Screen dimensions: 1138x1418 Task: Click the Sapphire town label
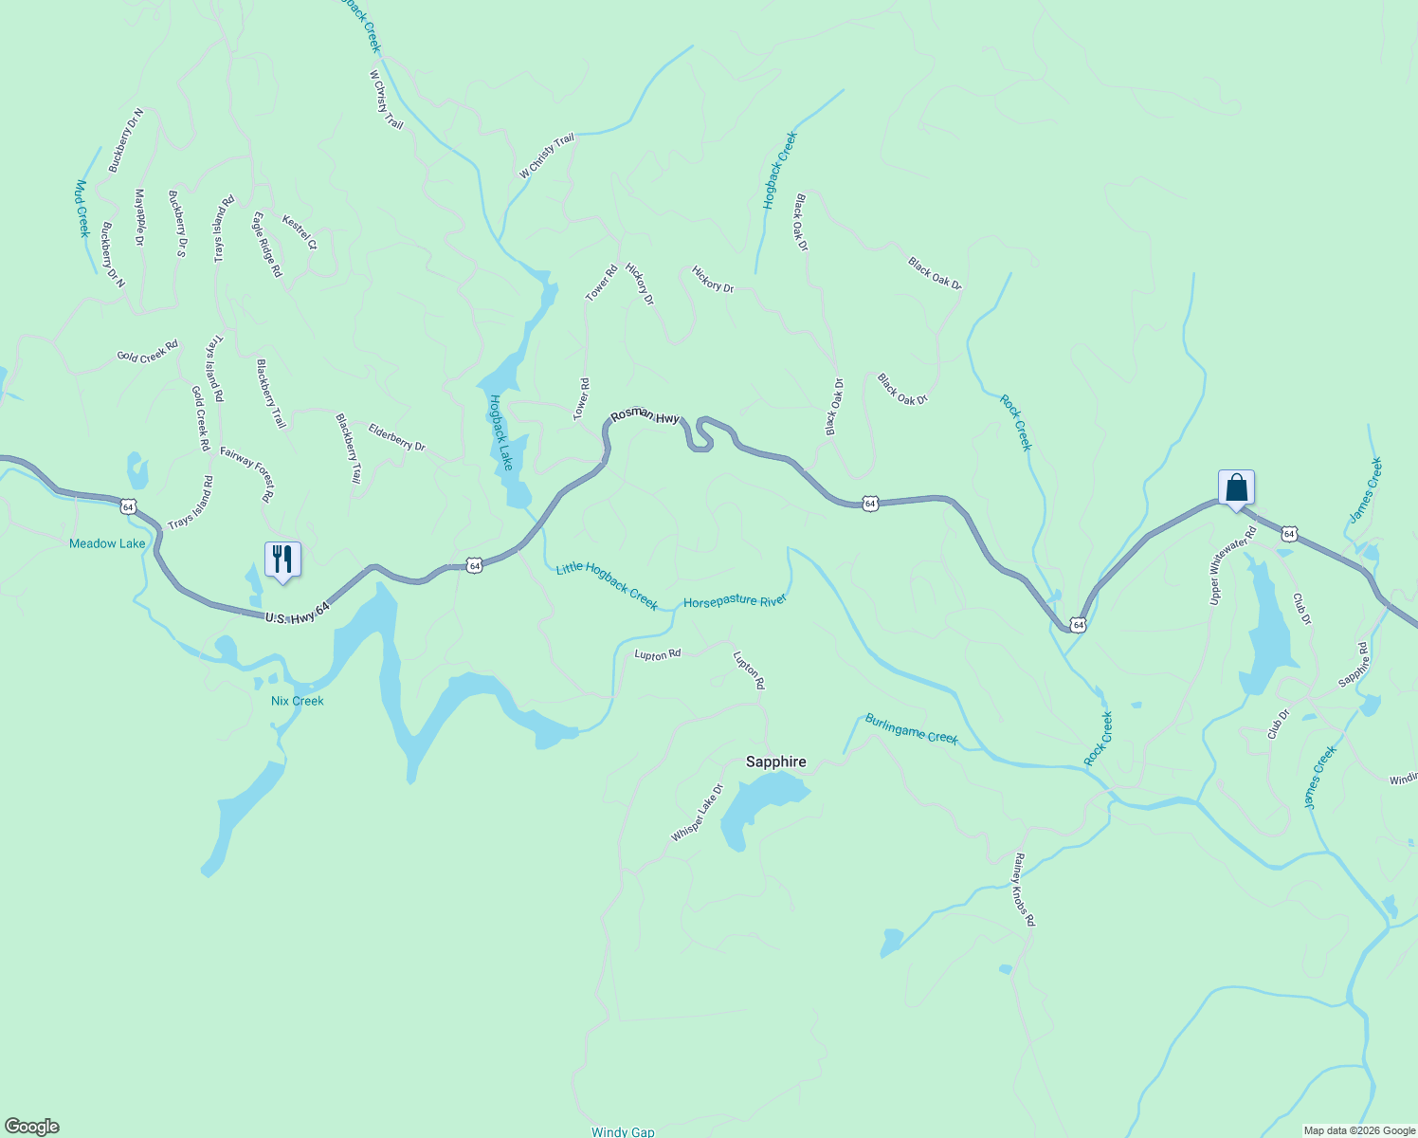click(775, 762)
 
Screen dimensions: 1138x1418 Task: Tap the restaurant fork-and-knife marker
click(282, 560)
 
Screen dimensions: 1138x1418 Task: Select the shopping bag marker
click(1236, 487)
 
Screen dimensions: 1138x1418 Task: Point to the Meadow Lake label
click(107, 543)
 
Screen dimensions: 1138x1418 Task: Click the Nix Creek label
click(297, 701)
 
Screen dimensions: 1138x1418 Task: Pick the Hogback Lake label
click(500, 431)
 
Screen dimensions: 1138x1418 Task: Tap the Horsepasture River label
click(736, 601)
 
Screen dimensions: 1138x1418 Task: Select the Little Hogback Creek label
click(607, 585)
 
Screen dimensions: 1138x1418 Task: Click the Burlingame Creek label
click(911, 729)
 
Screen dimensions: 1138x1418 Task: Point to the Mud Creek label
click(82, 208)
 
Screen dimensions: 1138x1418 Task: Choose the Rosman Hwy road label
click(645, 415)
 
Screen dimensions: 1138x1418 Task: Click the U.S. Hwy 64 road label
click(298, 612)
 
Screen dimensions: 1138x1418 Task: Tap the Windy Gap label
click(623, 1131)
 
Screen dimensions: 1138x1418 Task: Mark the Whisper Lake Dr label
click(697, 812)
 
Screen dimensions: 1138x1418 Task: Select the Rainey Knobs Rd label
click(1023, 890)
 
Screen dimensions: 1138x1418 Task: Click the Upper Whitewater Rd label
click(1232, 565)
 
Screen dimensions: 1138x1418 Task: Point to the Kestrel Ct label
click(300, 232)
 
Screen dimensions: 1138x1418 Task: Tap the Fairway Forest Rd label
click(247, 474)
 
